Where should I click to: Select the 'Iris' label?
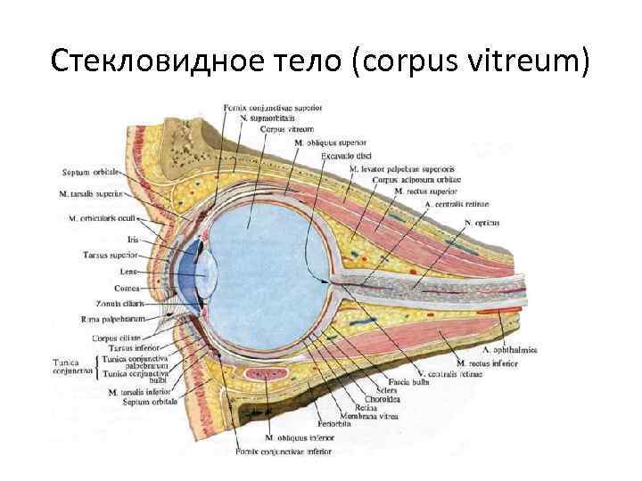tap(132, 239)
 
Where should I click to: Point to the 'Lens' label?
tap(128, 271)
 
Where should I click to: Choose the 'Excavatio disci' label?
tap(350, 155)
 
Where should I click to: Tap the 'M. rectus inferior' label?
tap(487, 363)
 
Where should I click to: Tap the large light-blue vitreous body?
tap(267, 267)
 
